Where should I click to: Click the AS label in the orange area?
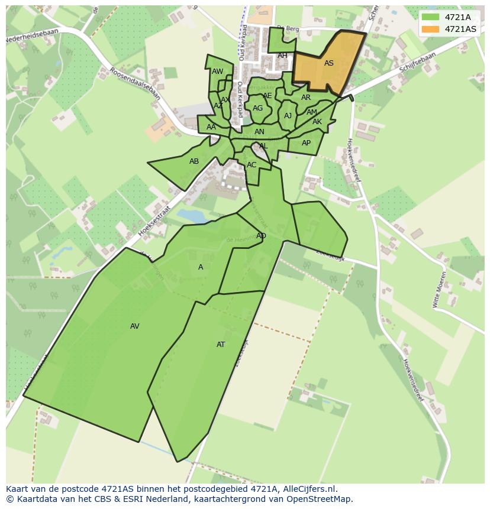pyautogui.click(x=329, y=63)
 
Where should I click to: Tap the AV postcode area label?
pyautogui.click(x=135, y=326)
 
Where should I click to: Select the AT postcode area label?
pyautogui.click(x=221, y=345)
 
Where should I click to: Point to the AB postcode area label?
pyautogui.click(x=194, y=161)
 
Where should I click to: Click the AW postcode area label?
pyautogui.click(x=218, y=72)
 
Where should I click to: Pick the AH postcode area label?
pyautogui.click(x=282, y=56)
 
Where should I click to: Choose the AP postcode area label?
pyautogui.click(x=306, y=143)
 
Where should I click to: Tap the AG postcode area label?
pyautogui.click(x=257, y=108)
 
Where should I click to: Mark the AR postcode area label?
pyautogui.click(x=306, y=98)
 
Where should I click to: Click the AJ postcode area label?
pyautogui.click(x=288, y=116)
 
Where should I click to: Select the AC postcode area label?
pyautogui.click(x=252, y=165)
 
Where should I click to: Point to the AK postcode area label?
pyautogui.click(x=317, y=122)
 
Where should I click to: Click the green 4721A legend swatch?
pyautogui.click(x=430, y=17)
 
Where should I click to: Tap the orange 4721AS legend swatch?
pyautogui.click(x=430, y=29)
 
